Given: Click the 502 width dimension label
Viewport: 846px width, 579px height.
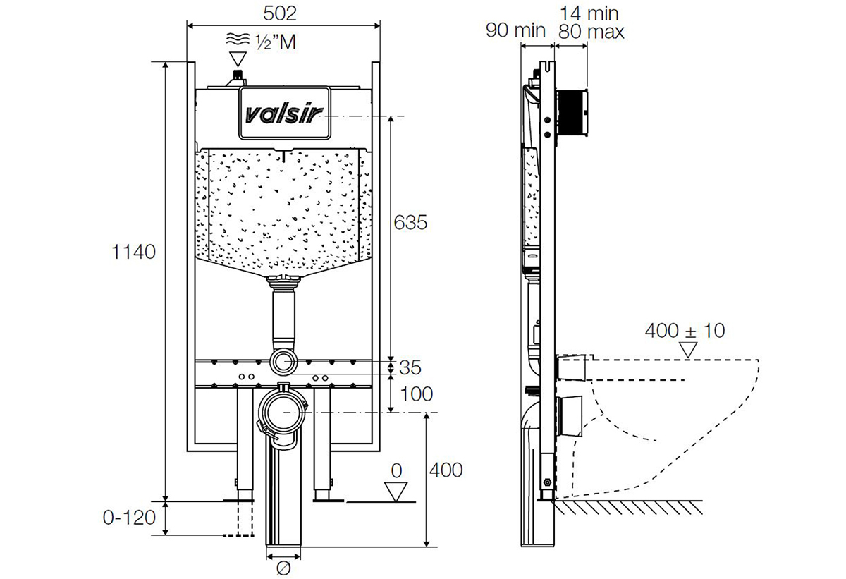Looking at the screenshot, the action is (280, 13).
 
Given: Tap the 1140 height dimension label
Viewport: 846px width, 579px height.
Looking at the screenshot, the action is (134, 252).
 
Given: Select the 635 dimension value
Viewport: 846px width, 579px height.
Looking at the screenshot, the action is (410, 222).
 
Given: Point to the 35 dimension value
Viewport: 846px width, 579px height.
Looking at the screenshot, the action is (410, 367).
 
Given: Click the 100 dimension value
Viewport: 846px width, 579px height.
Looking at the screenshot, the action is (416, 394).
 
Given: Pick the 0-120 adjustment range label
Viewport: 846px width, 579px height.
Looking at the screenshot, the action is (129, 518).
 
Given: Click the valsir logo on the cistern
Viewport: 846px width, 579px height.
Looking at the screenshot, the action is (284, 114).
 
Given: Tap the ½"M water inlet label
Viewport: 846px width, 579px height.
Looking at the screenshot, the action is (276, 42).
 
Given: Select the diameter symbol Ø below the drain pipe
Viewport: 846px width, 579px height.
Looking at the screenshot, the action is (283, 568).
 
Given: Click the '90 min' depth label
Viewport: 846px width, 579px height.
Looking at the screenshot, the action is (515, 30).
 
